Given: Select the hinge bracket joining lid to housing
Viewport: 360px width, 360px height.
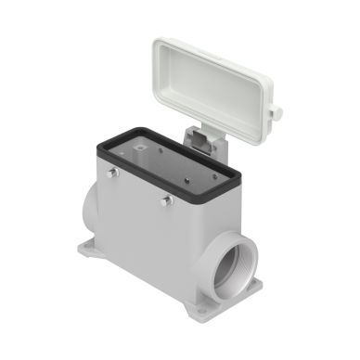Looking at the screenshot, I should [203, 139].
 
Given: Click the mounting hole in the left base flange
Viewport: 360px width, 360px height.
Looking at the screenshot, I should [90, 250].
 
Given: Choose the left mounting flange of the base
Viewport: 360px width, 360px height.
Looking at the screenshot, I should [93, 251].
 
